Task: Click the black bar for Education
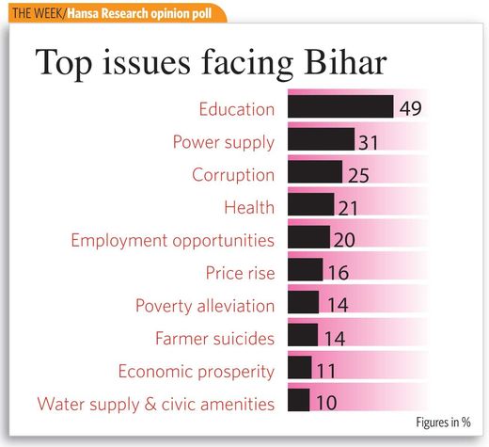pos(340,106)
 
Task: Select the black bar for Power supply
pos(322,139)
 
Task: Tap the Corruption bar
pos(315,172)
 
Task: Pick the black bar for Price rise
pos(306,269)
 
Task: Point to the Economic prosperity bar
pos(300,367)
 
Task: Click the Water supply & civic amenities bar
pos(299,400)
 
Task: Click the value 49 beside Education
pos(411,108)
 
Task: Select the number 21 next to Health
pos(348,208)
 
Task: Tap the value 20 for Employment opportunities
pos(344,240)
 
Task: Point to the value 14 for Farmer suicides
pos(335,339)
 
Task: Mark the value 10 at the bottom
pos(326,403)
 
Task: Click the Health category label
pos(249,207)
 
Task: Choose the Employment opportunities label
pos(173,241)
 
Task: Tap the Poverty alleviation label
pos(205,306)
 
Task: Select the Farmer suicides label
pos(214,339)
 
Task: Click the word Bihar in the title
pos(345,62)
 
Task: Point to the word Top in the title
pos(64,64)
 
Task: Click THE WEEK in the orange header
pos(38,13)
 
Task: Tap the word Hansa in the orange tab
pos(82,13)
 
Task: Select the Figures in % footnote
pos(443,423)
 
